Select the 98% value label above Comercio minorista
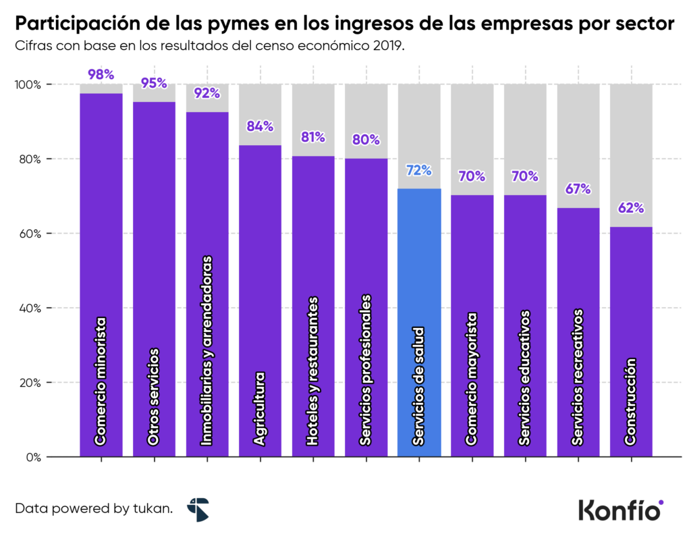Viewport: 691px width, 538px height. tap(101, 75)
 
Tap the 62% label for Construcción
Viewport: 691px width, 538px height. tap(631, 208)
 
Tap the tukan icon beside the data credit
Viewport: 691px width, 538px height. tap(198, 510)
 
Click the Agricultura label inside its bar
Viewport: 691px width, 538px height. tap(260, 408)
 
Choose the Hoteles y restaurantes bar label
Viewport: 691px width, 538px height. tap(312, 371)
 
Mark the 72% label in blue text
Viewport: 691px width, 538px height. tap(419, 170)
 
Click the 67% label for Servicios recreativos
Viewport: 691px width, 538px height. tap(578, 189)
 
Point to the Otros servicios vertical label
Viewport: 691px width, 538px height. tap(154, 396)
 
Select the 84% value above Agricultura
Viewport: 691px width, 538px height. tap(260, 126)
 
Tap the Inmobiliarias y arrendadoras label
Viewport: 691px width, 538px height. tap(207, 351)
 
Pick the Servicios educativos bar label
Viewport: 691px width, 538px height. tap(525, 378)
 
